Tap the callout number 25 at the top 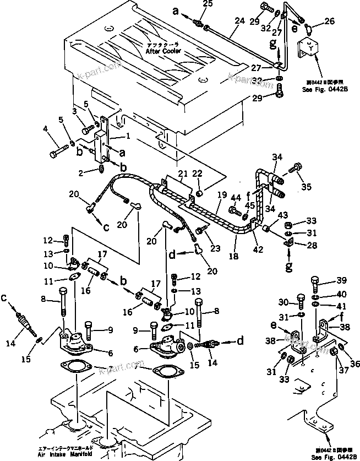[207, 4]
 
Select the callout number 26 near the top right [330, 22]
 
